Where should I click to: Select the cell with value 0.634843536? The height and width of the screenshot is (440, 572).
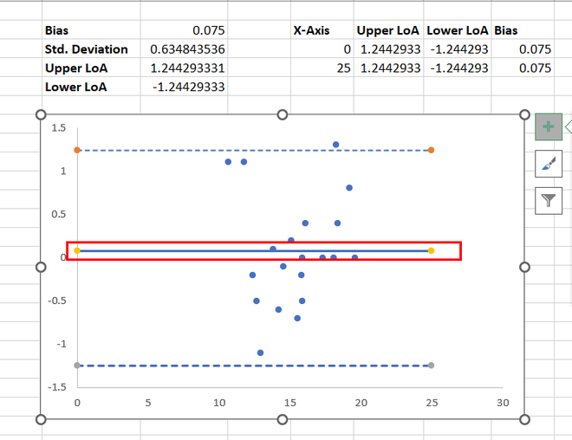187,49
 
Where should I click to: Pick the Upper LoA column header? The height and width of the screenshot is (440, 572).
388,30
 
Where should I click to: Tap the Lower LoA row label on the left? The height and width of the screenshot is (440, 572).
79,87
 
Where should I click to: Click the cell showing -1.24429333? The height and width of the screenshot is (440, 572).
188,87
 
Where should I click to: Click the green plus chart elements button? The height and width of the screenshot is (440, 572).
548,126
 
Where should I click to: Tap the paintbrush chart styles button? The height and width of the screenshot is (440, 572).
548,163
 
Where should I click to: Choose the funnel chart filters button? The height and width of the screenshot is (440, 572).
548,200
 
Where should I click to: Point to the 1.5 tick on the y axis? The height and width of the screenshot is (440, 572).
59,128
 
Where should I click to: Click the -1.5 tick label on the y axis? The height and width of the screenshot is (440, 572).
57,386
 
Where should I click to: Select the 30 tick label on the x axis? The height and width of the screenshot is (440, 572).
502,403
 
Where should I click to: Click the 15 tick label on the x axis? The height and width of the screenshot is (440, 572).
289,403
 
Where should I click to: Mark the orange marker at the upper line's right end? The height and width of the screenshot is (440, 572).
431,150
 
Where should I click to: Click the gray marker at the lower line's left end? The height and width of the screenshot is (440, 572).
77,366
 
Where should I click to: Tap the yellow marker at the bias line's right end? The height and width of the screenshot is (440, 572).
431,250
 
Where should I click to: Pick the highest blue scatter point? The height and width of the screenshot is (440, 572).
335,145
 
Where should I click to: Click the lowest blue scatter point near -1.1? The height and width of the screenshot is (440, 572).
260,353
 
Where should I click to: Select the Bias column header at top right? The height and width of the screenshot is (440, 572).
506,30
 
